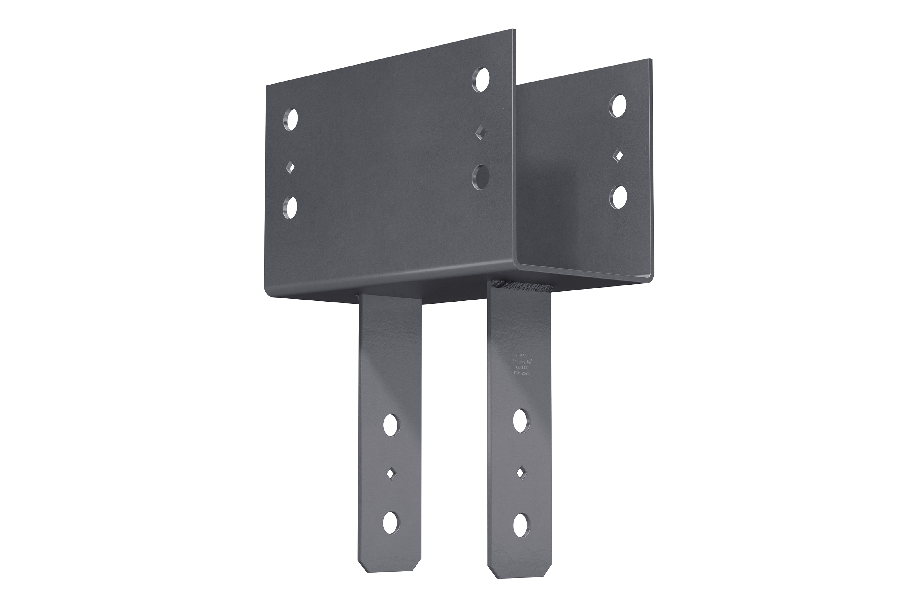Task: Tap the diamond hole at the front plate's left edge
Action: tap(290, 168)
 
